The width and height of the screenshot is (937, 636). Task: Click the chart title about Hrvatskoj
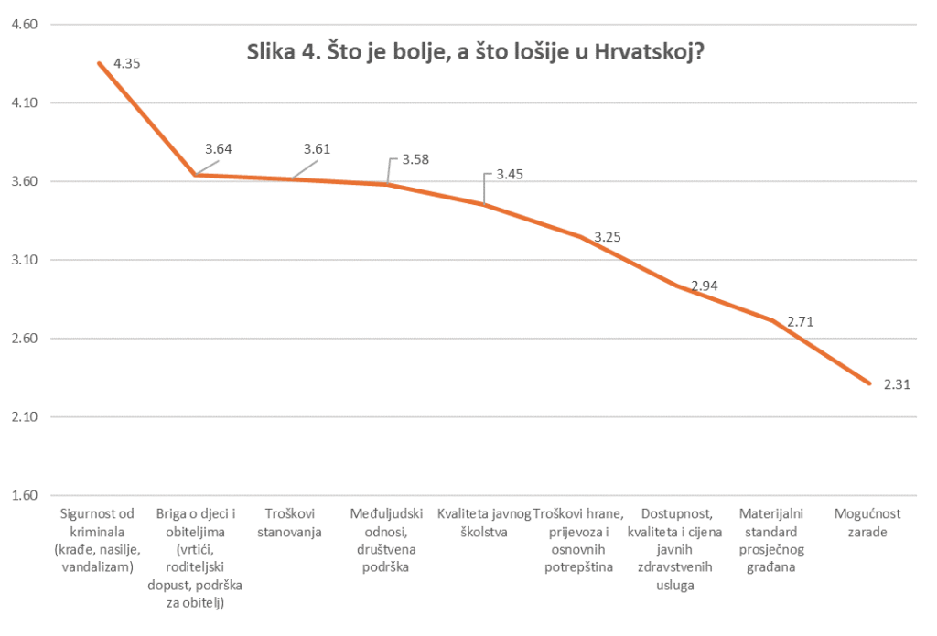pyautogui.click(x=475, y=52)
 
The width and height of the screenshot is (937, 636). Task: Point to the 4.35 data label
pyautogui.click(x=128, y=64)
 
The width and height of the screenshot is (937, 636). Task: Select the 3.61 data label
pyautogui.click(x=318, y=149)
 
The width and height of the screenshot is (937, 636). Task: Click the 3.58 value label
pyautogui.click(x=415, y=159)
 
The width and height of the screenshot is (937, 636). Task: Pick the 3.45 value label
pyautogui.click(x=511, y=174)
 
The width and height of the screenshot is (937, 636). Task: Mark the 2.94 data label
pyautogui.click(x=705, y=286)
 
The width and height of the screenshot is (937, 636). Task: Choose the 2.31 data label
pyautogui.click(x=898, y=384)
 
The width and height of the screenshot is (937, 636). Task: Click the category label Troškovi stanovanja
pyautogui.click(x=292, y=522)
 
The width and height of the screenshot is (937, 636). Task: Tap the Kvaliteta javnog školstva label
pyautogui.click(x=485, y=522)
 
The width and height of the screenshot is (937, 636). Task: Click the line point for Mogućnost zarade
pyautogui.click(x=870, y=383)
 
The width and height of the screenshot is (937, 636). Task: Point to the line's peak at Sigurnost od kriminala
pyautogui.click(x=98, y=63)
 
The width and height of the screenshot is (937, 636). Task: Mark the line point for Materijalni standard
pyautogui.click(x=773, y=321)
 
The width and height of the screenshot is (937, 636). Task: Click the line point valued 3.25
pyautogui.click(x=580, y=236)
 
